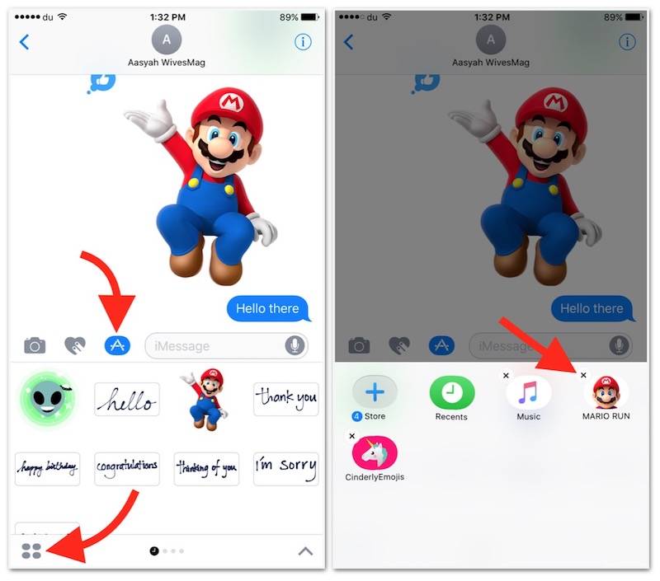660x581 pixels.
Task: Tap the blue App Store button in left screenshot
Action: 117,345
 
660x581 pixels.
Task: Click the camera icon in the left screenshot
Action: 35,345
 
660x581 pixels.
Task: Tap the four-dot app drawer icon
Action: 31,551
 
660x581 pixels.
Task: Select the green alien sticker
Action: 48,398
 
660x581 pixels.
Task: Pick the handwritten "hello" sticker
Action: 127,399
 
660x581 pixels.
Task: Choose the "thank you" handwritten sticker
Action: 285,399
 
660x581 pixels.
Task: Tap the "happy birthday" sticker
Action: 47,469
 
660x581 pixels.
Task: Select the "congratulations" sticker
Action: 127,469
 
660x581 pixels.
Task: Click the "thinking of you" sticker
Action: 206,469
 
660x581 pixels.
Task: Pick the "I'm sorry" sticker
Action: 285,469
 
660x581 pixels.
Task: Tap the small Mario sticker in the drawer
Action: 205,399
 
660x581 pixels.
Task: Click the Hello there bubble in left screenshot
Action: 268,308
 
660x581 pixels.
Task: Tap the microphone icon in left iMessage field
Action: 295,345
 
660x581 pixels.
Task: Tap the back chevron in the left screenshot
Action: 25,42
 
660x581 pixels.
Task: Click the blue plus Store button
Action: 375,392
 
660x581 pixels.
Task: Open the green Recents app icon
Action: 451,392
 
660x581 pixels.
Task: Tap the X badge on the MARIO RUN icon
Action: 583,375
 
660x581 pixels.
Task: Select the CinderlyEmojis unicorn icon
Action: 375,452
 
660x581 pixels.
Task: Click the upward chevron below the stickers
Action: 305,551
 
